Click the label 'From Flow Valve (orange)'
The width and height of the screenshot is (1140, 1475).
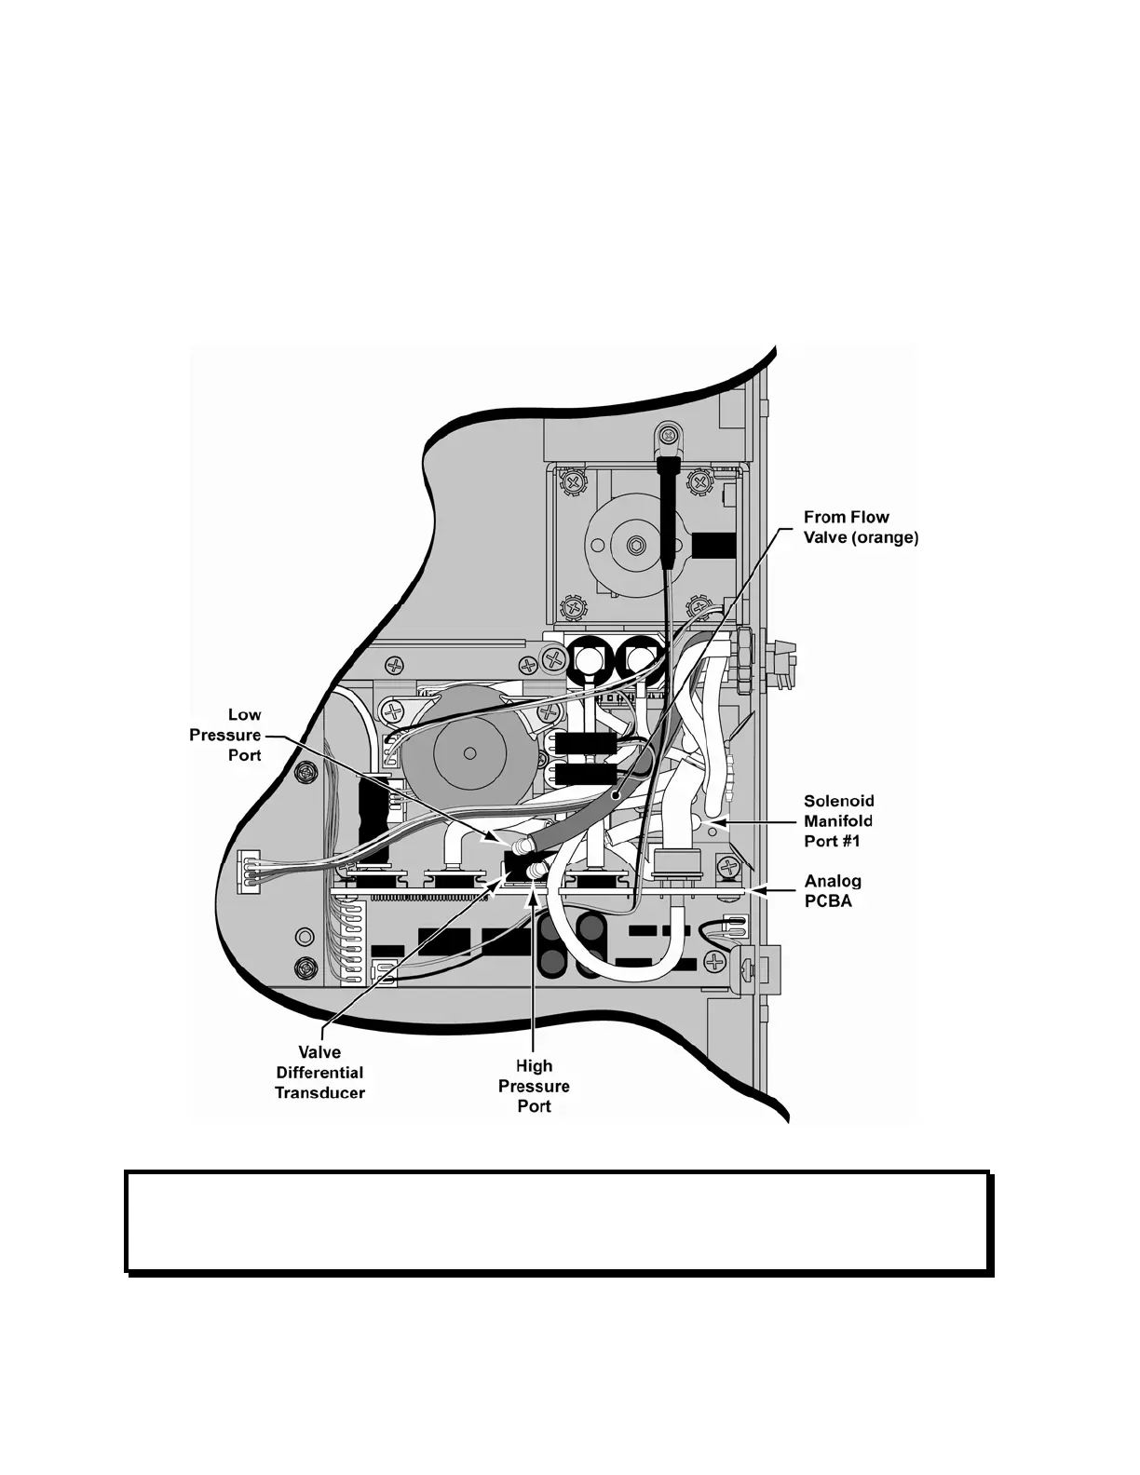point(861,527)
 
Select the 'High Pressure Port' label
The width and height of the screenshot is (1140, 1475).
point(534,1086)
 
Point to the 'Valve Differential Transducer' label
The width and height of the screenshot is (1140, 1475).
point(319,1073)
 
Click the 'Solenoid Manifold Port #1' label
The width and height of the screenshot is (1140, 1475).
point(838,820)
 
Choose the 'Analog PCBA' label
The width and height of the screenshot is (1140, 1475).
point(832,890)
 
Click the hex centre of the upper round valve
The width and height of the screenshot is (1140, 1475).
point(637,544)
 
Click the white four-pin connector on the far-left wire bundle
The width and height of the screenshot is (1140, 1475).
point(248,873)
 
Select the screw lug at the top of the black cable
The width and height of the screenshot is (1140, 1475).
point(669,433)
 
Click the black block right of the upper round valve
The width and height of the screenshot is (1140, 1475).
point(713,544)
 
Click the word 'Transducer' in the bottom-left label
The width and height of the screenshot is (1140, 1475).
point(319,1092)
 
